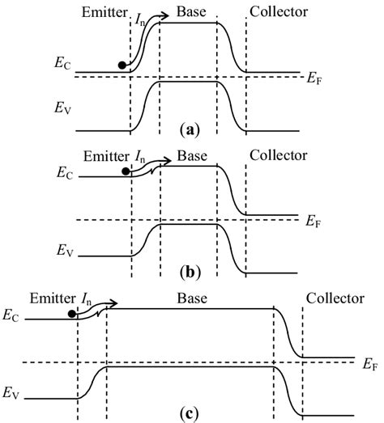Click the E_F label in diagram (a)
pyautogui.click(x=314, y=78)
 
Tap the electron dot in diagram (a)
pyautogui.click(x=122, y=65)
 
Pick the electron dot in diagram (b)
pyautogui.click(x=125, y=171)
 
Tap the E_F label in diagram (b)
pyautogui.click(x=314, y=219)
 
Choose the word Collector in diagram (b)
pyautogui.click(x=278, y=154)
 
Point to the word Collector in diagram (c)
pyautogui.click(x=335, y=298)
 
